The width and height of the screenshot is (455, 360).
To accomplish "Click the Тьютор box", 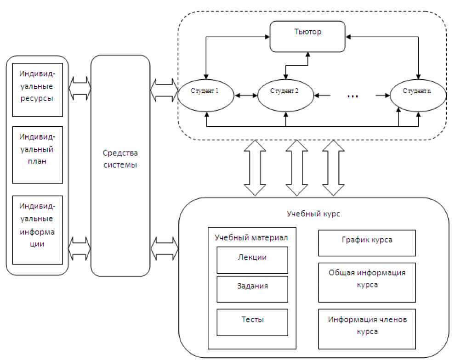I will pyautogui.click(x=307, y=36).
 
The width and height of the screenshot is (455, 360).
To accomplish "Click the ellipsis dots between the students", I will pyautogui.click(x=353, y=96).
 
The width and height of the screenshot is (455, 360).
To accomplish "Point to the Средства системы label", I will pyautogui.click(x=120, y=159).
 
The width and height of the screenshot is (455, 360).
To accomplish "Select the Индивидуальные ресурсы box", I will pyautogui.click(x=37, y=90).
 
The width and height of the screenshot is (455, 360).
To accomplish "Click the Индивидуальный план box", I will pyautogui.click(x=37, y=155).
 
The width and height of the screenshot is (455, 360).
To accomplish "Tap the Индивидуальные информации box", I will pyautogui.click(x=37, y=230).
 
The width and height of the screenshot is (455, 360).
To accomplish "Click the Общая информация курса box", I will pyautogui.click(x=367, y=279).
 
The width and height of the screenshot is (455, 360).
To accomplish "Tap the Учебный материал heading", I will pyautogui.click(x=251, y=237).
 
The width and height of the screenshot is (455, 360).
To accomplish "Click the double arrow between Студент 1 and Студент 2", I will pyautogui.click(x=245, y=96).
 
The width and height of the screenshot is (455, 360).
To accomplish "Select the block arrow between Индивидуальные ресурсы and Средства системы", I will pyautogui.click(x=80, y=88).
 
